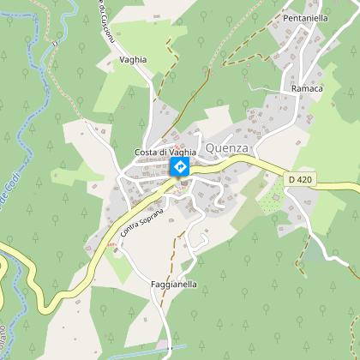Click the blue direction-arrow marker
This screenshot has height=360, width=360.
(x=180, y=166)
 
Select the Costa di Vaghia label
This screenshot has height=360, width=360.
(x=165, y=152)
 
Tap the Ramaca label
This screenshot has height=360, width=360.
(x=307, y=88)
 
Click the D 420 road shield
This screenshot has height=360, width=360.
(x=296, y=178)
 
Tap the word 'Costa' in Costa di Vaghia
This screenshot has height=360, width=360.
(x=147, y=152)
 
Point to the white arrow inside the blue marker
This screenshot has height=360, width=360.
(x=180, y=165)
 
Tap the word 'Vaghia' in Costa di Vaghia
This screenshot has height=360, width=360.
(x=182, y=152)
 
